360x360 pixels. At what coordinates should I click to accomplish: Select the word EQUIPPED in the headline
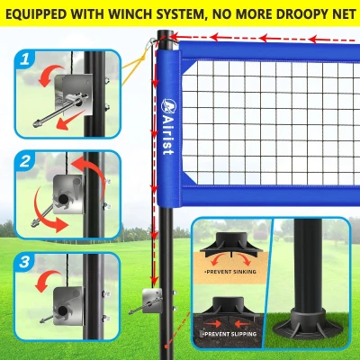point(39,13)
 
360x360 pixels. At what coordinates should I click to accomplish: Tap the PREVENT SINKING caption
point(231,270)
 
